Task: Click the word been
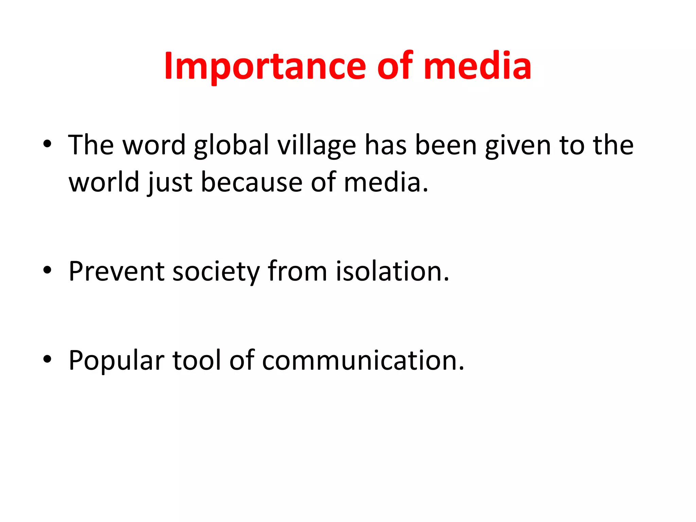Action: point(446,145)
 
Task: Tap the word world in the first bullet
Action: point(104,182)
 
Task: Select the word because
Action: point(252,182)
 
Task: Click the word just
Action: point(170,182)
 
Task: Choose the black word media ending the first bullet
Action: point(382,182)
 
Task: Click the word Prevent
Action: point(117,272)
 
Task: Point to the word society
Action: point(216,272)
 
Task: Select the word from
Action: point(297,272)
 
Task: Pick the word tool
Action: point(197,361)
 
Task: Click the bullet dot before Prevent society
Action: point(47,271)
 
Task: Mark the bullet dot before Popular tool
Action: point(47,360)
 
